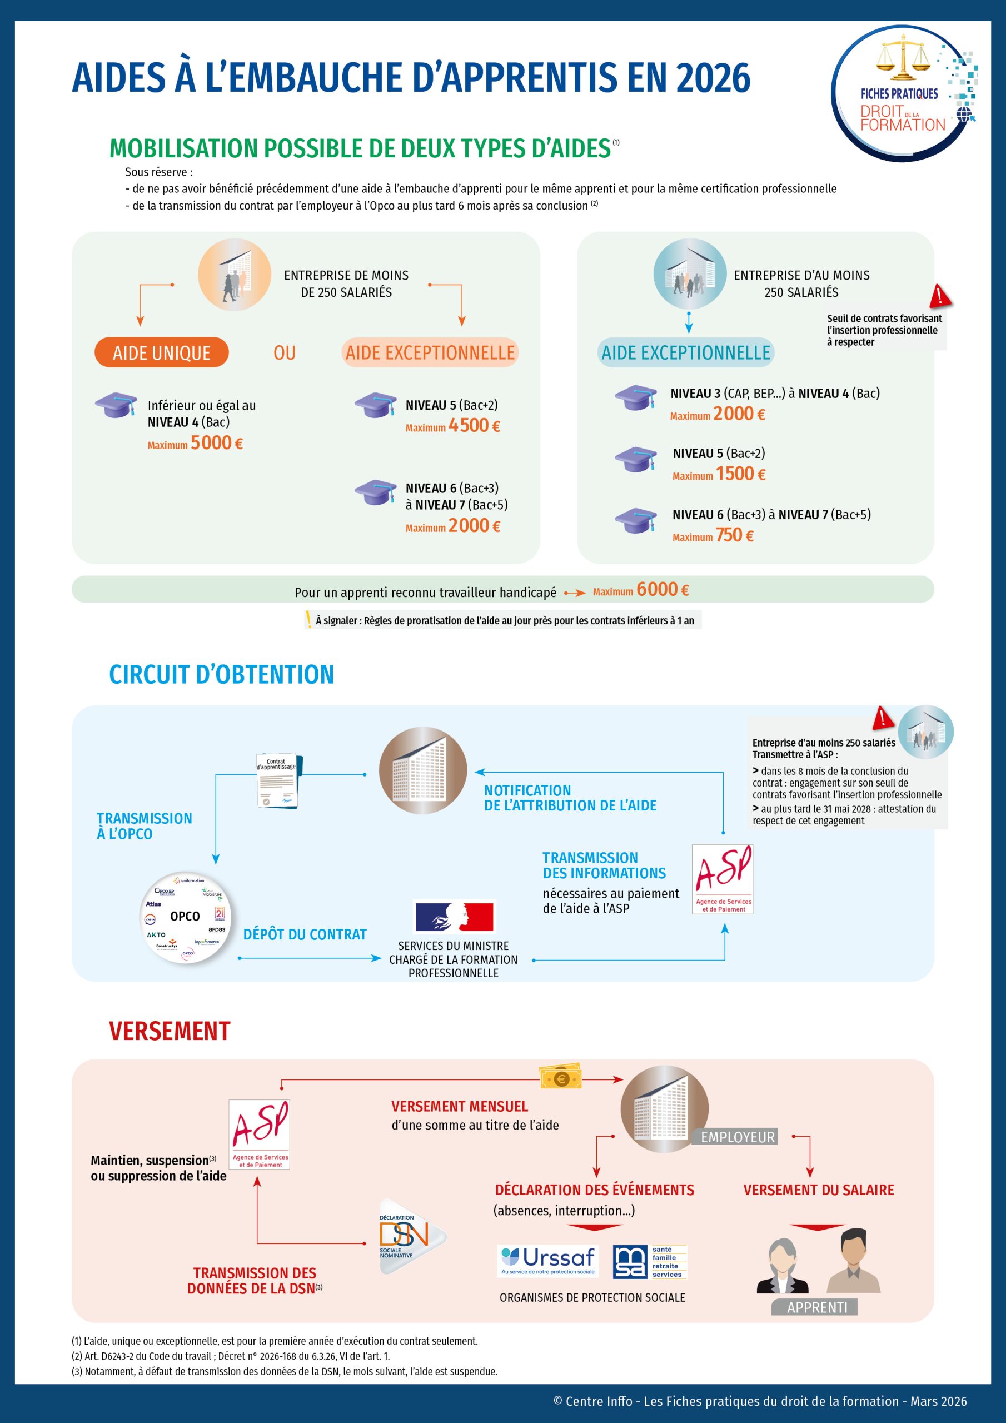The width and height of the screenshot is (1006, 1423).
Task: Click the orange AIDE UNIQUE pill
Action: click(x=161, y=352)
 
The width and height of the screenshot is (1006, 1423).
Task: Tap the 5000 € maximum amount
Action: click(x=216, y=443)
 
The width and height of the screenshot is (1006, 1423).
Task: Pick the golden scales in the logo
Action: click(x=903, y=58)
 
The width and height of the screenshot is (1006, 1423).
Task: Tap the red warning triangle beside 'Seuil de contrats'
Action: click(x=940, y=296)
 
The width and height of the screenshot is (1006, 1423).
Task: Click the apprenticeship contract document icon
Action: click(x=276, y=780)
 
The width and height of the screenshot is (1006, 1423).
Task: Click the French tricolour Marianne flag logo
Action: click(x=454, y=917)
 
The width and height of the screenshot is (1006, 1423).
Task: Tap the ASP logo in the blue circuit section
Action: click(x=722, y=878)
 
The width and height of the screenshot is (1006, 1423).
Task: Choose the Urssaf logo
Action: click(x=548, y=1261)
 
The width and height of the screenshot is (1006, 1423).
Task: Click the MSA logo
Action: click(x=650, y=1261)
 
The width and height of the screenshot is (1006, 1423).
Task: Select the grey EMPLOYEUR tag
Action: click(x=737, y=1137)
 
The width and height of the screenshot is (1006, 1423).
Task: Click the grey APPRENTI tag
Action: click(x=816, y=1307)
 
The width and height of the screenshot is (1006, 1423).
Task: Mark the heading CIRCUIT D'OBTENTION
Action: click(x=221, y=674)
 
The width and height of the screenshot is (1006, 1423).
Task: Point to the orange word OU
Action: click(x=285, y=352)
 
